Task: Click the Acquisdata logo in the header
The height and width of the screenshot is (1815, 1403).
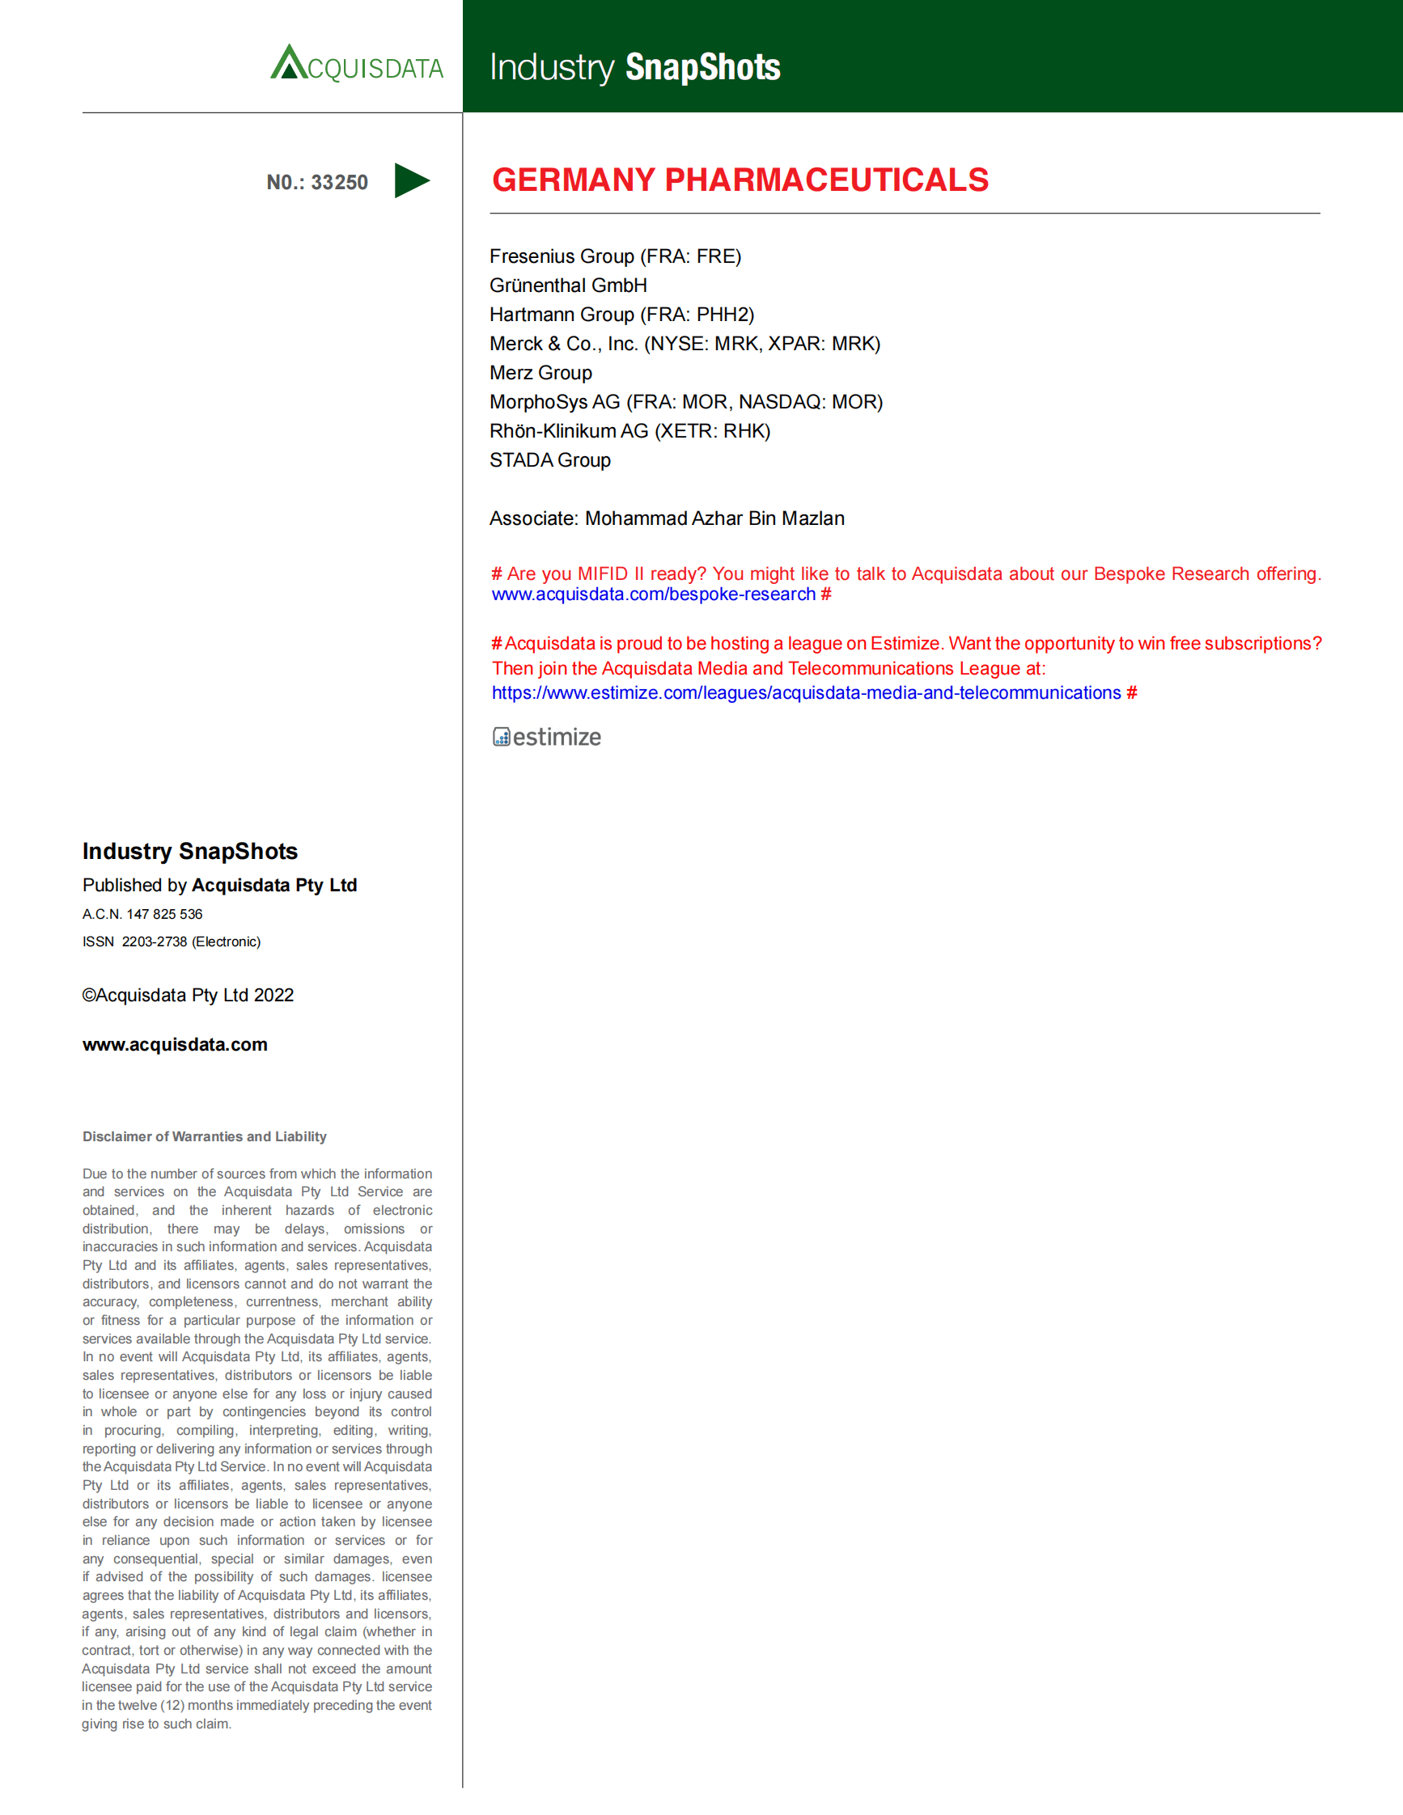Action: coord(357,63)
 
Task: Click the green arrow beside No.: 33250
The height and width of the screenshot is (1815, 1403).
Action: coord(411,180)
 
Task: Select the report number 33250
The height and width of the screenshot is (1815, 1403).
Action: coord(339,182)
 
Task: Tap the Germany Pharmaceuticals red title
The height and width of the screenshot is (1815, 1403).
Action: coord(740,180)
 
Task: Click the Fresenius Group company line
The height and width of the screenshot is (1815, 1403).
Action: coord(615,256)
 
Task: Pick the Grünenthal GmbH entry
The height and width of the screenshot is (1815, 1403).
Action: coord(568,285)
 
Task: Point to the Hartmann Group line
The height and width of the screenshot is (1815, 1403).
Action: coord(621,314)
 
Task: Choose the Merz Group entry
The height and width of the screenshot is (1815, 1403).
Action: coord(540,372)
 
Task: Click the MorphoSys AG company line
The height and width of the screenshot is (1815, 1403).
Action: coord(685,401)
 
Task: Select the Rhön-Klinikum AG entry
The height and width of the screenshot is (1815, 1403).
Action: coord(629,430)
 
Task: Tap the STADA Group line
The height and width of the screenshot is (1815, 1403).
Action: coord(549,459)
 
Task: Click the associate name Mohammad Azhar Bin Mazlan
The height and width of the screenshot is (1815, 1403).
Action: coord(714,518)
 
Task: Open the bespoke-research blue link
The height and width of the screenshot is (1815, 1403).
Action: coord(653,594)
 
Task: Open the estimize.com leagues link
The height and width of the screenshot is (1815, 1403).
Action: coord(805,692)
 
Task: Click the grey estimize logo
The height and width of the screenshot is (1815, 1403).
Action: coord(547,737)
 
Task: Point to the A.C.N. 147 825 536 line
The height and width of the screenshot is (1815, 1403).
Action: coord(142,914)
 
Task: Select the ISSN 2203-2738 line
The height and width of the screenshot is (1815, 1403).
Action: coord(172,941)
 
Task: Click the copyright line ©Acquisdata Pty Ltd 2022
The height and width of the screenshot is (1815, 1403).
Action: coord(188,995)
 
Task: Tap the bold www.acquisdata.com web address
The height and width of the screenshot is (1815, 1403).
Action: coord(175,1045)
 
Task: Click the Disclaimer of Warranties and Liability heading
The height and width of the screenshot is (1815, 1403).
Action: coord(205,1136)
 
